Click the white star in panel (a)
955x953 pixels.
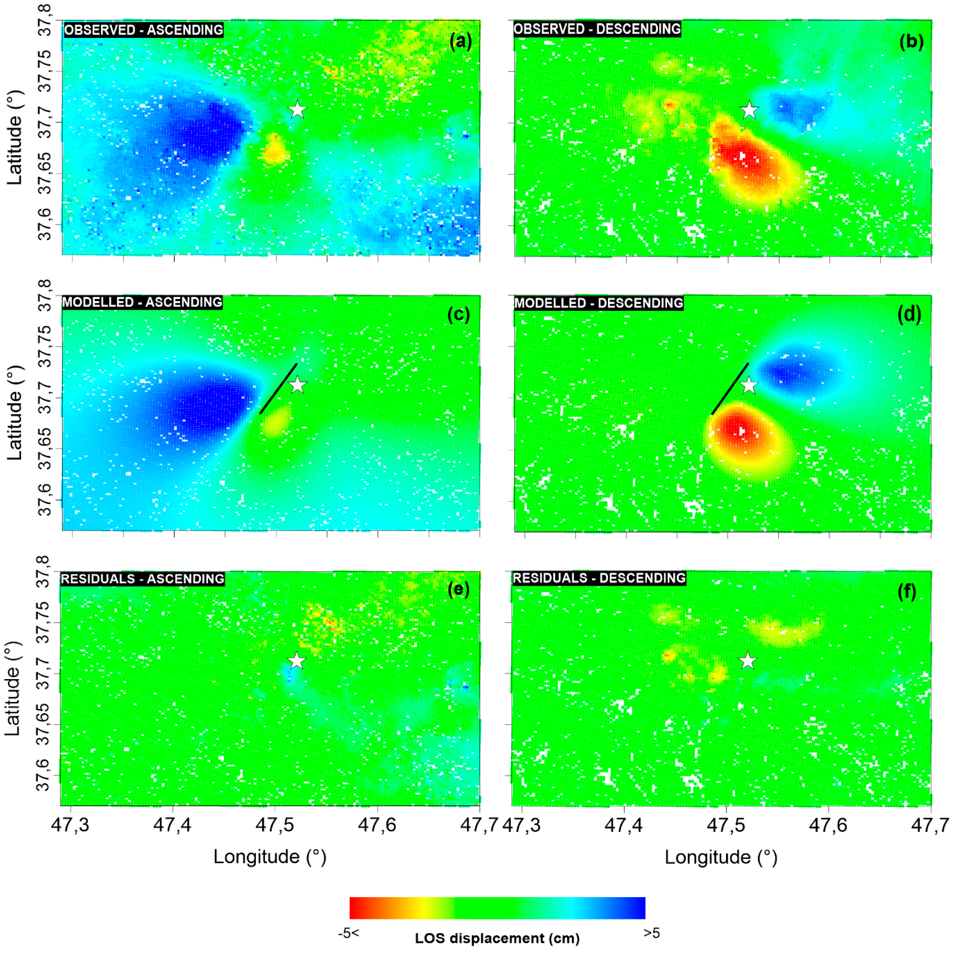tap(297, 110)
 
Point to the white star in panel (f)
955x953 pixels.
tap(748, 661)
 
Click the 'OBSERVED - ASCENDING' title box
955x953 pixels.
tap(143, 30)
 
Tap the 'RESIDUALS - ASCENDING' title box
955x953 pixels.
tap(142, 579)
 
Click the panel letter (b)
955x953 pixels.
tap(911, 42)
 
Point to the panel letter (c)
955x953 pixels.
tap(458, 315)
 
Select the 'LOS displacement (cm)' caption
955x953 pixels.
tap(497, 938)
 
